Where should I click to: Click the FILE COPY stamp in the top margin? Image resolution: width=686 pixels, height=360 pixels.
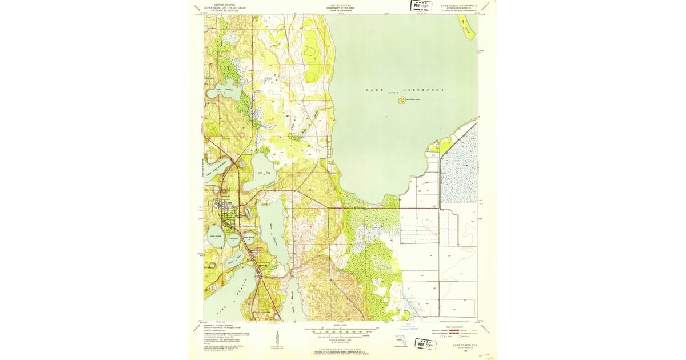[x=421, y=6]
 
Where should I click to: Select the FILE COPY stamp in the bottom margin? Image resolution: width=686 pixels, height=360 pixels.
[x=425, y=344]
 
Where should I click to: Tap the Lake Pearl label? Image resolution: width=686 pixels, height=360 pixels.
[x=233, y=238]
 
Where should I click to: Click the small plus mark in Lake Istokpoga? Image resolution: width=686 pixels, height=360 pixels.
[x=386, y=117]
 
